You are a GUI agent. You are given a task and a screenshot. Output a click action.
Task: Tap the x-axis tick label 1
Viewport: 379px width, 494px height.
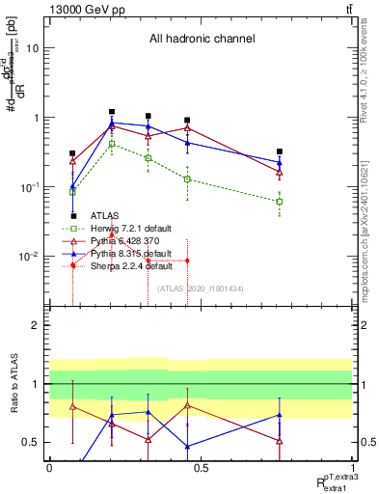pos(354,469)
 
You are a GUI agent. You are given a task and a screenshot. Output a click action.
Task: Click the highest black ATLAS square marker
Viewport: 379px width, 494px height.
pos(112,112)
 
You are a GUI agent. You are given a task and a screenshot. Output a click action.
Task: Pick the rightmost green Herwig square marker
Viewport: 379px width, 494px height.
pos(279,201)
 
